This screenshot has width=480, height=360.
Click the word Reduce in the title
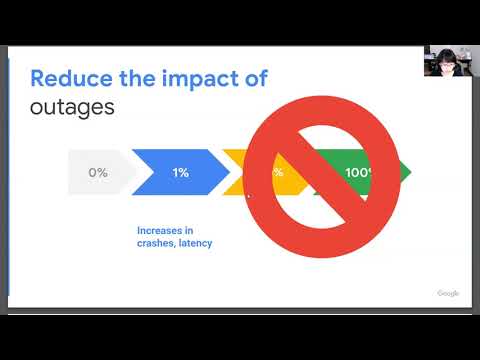coord(64,78)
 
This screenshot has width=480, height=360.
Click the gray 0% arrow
coord(98,172)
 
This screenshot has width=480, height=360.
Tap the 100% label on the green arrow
coord(358,172)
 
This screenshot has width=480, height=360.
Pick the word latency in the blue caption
coord(198,243)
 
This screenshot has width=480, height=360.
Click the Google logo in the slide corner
coord(447,293)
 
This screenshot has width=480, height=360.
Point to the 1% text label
coord(181,172)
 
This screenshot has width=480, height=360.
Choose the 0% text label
coord(98,172)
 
